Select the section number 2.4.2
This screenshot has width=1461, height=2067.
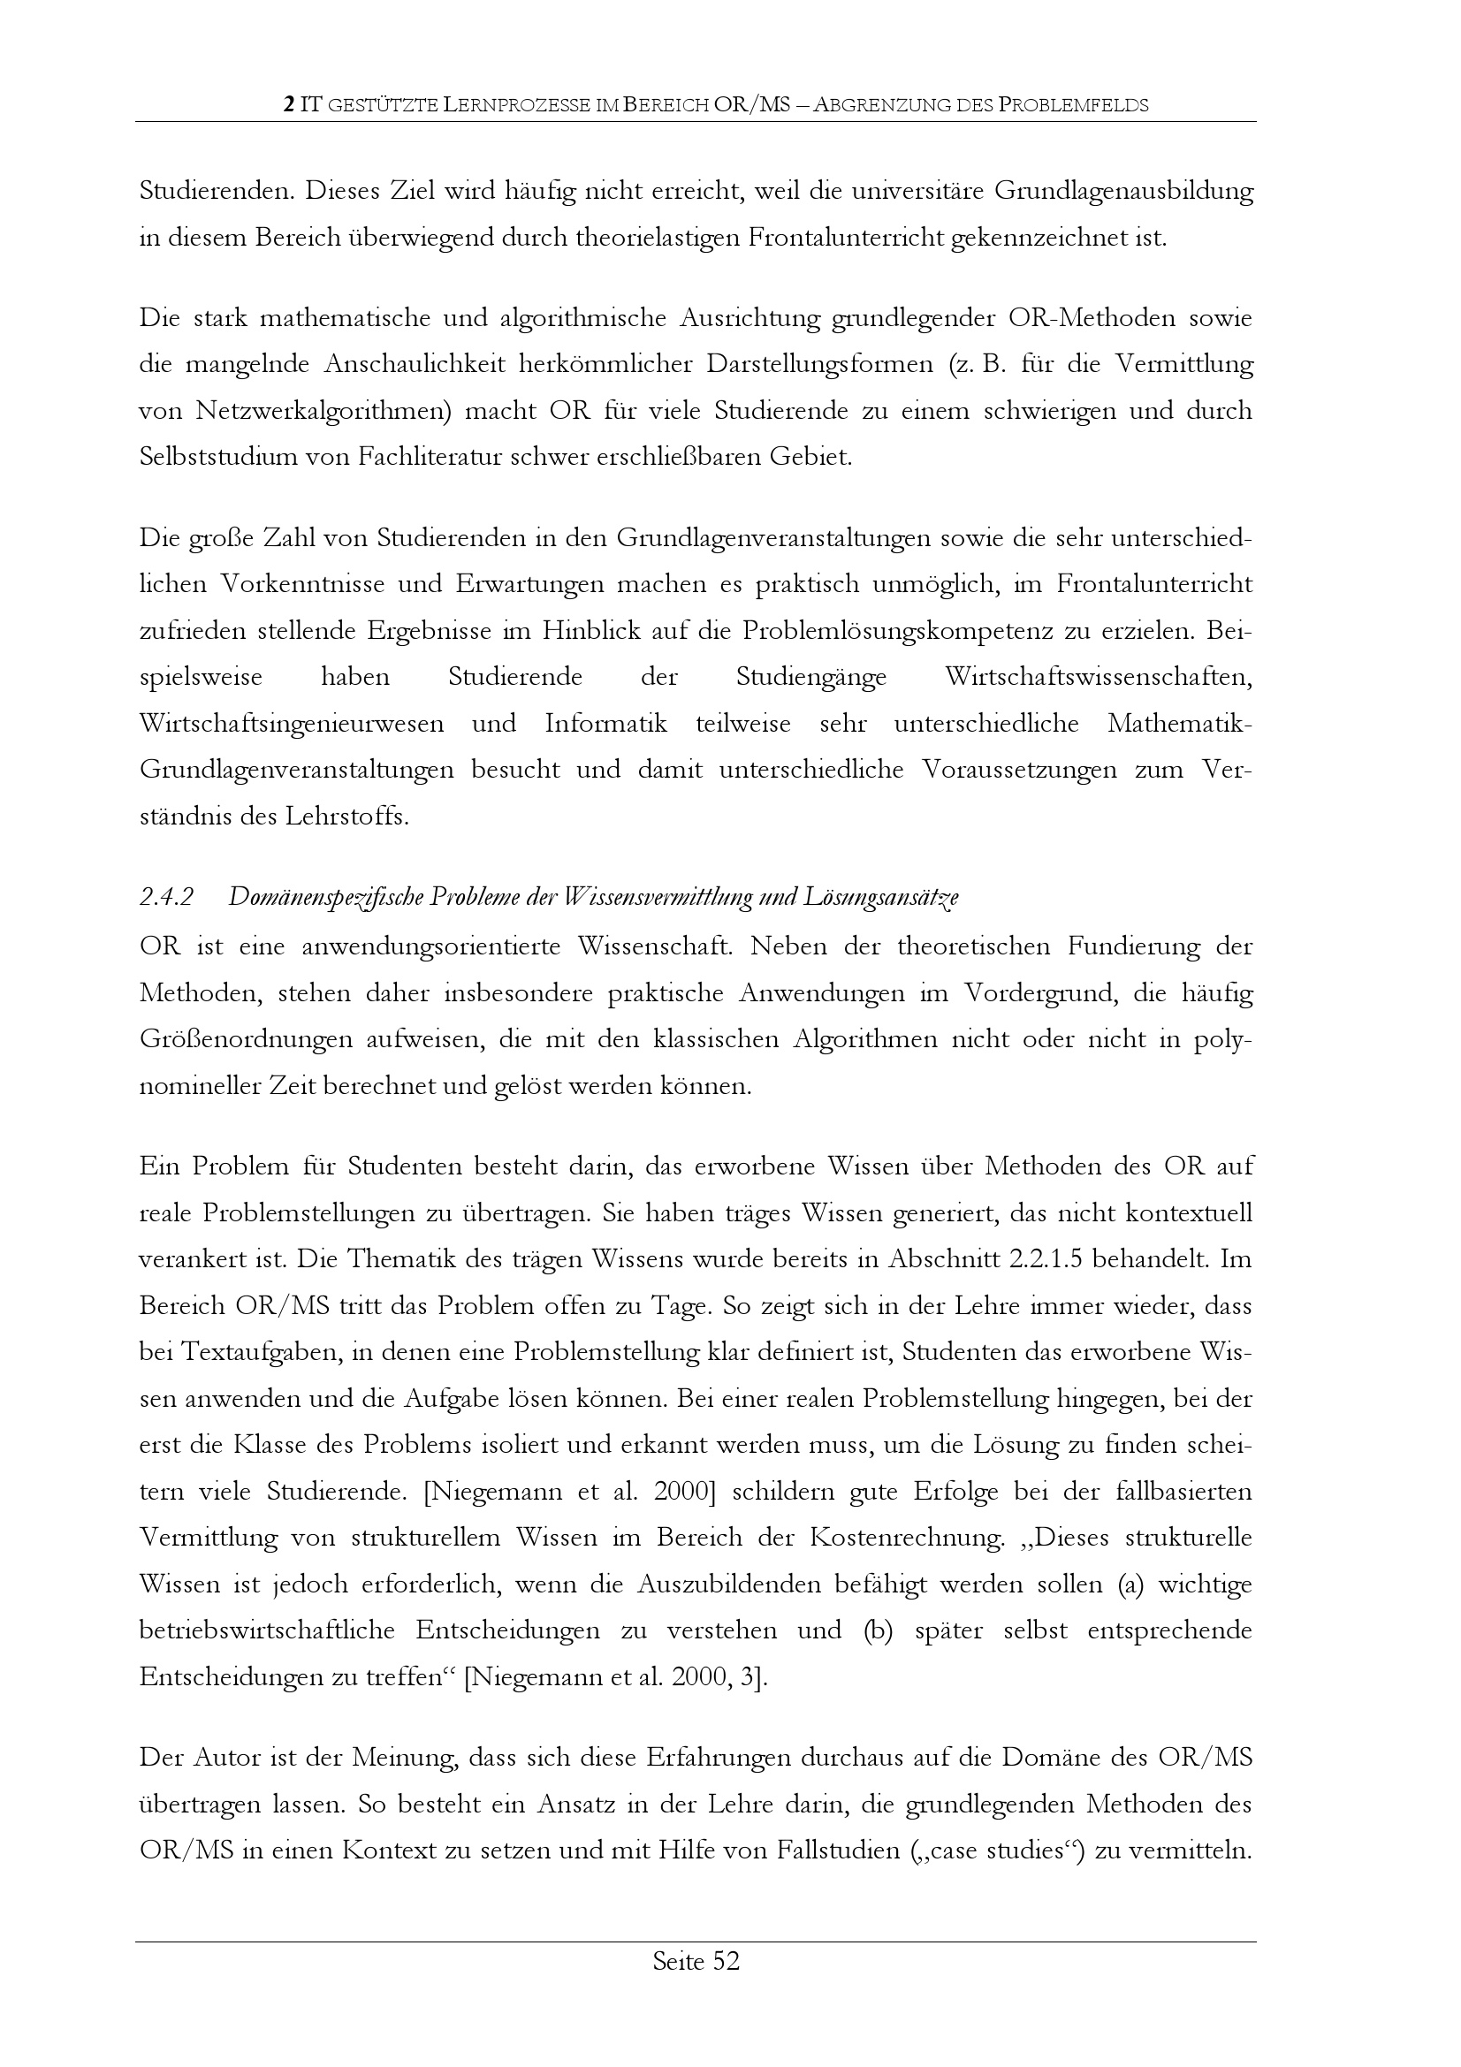click(167, 898)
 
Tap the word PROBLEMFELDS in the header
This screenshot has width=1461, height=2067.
click(1074, 105)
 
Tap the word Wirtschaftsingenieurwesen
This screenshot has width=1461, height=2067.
click(292, 724)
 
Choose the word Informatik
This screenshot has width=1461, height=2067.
click(605, 724)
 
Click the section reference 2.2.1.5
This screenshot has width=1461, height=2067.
click(1042, 1259)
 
